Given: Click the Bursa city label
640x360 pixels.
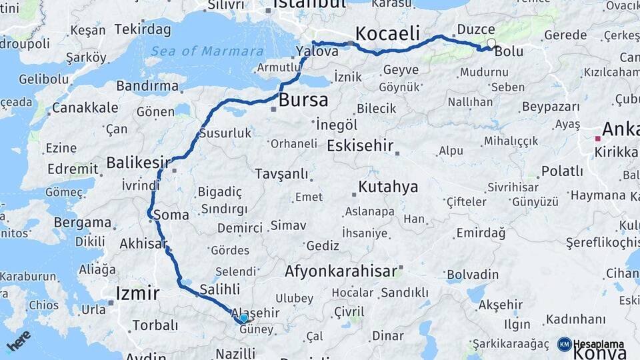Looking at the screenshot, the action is click(x=303, y=101).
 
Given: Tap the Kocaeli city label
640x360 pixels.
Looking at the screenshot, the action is click(x=387, y=33).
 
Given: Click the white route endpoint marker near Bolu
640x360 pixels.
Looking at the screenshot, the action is click(x=491, y=44).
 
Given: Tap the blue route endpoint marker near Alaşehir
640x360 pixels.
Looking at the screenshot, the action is click(x=243, y=319).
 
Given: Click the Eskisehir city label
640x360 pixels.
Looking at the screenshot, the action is click(x=360, y=145).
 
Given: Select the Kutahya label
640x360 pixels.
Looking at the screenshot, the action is click(x=388, y=187).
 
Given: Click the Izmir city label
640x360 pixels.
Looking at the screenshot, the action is click(x=137, y=293).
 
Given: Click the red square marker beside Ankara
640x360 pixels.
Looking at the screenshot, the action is click(x=598, y=139).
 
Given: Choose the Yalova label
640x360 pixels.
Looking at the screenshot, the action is click(x=313, y=51).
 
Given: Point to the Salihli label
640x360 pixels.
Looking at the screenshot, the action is click(x=219, y=289).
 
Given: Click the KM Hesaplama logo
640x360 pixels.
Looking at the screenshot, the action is click(x=591, y=344).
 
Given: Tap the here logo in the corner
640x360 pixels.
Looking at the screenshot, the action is click(x=19, y=341).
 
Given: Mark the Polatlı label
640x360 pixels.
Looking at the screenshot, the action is click(x=562, y=171).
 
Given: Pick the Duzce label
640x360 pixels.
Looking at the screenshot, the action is click(x=477, y=30).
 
